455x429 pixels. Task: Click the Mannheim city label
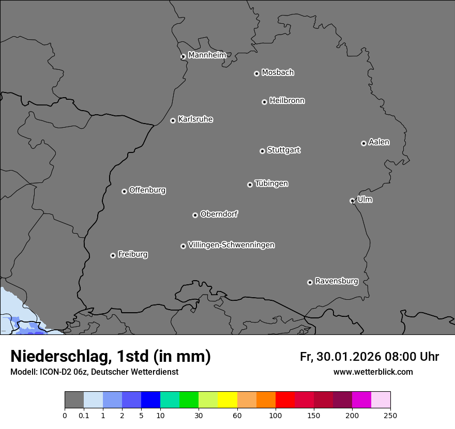tap(207, 55)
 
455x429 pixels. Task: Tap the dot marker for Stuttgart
tap(262, 151)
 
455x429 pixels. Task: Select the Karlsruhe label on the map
tap(195, 119)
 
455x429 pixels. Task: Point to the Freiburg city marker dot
tap(113, 255)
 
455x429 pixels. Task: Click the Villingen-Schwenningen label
tap(231, 245)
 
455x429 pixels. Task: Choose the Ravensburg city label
tap(337, 281)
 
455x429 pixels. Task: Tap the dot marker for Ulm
tap(352, 201)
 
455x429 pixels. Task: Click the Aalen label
tap(379, 142)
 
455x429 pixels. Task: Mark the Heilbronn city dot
tap(264, 102)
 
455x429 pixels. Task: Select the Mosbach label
tap(278, 73)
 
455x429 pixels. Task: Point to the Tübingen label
tap(271, 183)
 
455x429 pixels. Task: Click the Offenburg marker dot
tap(124, 191)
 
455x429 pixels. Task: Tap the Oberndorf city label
tap(219, 214)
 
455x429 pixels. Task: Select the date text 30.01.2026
tap(347, 357)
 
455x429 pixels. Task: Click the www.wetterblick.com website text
tap(373, 372)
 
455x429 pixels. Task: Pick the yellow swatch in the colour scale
tap(228, 400)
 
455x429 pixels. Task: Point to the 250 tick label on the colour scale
tap(390, 416)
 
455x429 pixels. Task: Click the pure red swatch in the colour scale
tap(285, 400)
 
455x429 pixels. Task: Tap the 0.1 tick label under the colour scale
tap(84, 416)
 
